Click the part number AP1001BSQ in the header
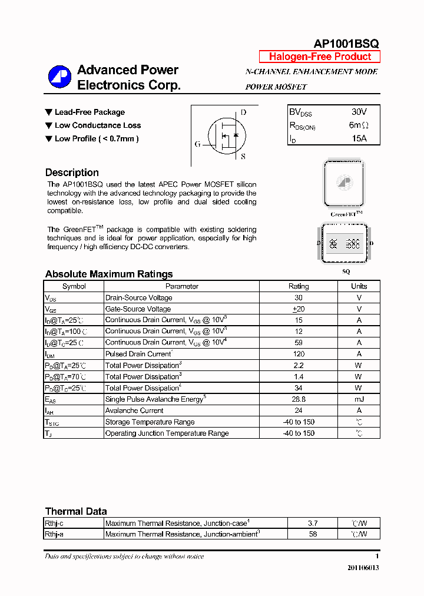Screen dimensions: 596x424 pyautogui.click(x=346, y=44)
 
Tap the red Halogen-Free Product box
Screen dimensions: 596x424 pyautogui.click(x=320, y=57)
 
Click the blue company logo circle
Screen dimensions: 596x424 pyautogui.click(x=59, y=77)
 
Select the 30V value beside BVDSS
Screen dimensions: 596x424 pyautogui.click(x=359, y=112)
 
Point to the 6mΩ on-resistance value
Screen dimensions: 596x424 pyautogui.click(x=359, y=125)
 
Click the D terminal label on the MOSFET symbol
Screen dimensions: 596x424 pyautogui.click(x=243, y=112)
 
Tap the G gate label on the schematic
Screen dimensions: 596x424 pyautogui.click(x=197, y=144)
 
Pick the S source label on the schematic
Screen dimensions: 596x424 pyautogui.click(x=243, y=157)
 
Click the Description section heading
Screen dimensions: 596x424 pyautogui.click(x=72, y=173)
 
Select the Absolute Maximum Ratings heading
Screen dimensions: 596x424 pyautogui.click(x=109, y=274)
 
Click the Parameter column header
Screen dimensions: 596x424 pyautogui.click(x=182, y=286)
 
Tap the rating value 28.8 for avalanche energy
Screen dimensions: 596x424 pyautogui.click(x=299, y=399)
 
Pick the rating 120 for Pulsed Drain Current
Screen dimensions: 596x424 pyautogui.click(x=299, y=354)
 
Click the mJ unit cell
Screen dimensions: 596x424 pyautogui.click(x=359, y=399)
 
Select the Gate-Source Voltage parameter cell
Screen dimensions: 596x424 pyautogui.click(x=138, y=309)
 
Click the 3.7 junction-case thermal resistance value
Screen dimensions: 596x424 pyautogui.click(x=312, y=523)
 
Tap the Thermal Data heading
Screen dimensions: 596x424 pyautogui.click(x=76, y=511)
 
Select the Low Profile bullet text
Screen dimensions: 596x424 pyautogui.click(x=97, y=138)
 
